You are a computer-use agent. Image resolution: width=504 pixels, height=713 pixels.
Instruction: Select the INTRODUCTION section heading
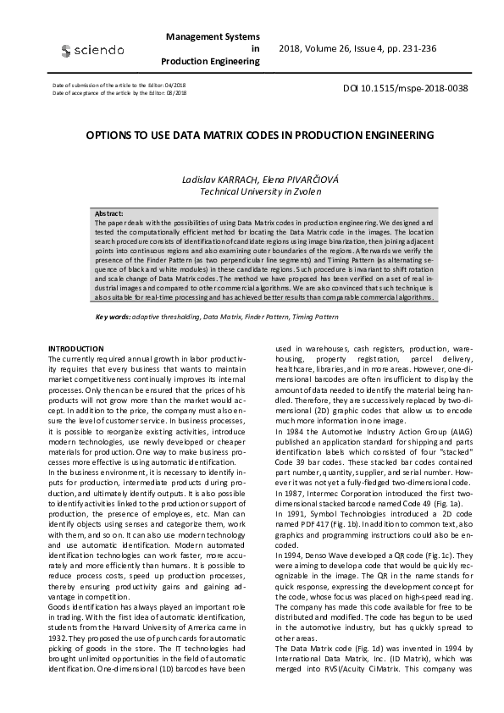coord(76,348)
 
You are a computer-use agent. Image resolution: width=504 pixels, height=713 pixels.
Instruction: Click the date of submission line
coord(119,86)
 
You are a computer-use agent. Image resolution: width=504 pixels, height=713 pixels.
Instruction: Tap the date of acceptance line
coord(119,93)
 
